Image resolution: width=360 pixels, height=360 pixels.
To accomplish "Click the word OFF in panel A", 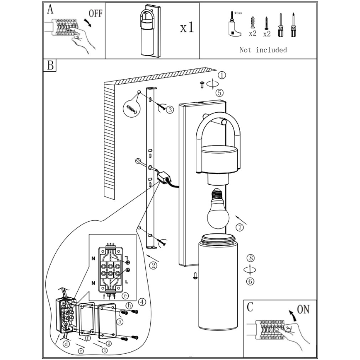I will (x=95, y=14).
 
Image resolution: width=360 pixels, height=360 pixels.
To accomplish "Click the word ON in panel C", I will (x=303, y=310).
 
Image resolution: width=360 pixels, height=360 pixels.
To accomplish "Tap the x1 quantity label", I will (x=186, y=28).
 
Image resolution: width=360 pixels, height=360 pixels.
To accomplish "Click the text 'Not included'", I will (x=263, y=50).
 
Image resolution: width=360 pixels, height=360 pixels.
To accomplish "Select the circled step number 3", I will (x=170, y=109).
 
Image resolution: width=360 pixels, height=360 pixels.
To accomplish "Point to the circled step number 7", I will (x=240, y=227).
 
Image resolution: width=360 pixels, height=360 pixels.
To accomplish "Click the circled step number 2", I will (x=153, y=265).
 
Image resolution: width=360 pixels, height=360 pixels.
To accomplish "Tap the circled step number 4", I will (x=142, y=302).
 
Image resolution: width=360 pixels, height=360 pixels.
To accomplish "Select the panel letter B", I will (x=50, y=66).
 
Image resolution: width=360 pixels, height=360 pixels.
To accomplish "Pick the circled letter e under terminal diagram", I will (x=124, y=295).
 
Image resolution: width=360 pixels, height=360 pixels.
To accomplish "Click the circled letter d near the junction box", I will (x=66, y=344).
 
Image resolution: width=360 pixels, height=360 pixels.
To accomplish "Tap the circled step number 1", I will (x=222, y=75).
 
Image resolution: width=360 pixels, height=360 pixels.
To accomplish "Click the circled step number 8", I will (x=251, y=258).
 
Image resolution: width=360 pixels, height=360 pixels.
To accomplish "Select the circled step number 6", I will (x=251, y=281).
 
